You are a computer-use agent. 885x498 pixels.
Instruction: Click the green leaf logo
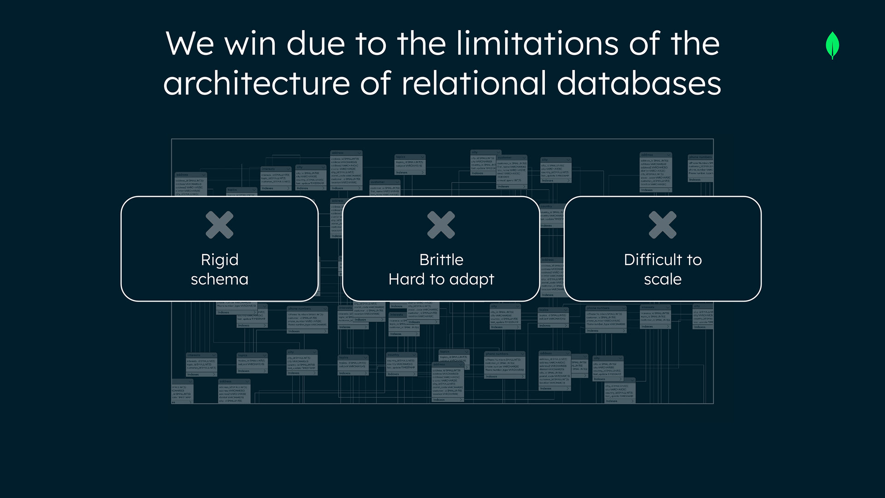[x=832, y=45]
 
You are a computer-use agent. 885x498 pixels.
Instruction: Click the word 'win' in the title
[x=250, y=44]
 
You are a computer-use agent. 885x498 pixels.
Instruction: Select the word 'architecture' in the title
[x=256, y=83]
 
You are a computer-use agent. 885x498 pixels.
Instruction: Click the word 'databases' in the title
[x=639, y=83]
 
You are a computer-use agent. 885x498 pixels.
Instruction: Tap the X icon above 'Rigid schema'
[x=219, y=225]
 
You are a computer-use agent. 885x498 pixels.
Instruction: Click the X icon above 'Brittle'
[x=441, y=225]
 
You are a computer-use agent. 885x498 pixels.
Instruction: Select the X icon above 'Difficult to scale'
[x=662, y=225]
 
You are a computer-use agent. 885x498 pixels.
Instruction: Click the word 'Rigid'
[x=219, y=260]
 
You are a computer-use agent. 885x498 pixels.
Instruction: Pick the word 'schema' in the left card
[x=219, y=279]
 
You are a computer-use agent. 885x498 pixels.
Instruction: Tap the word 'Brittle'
[x=441, y=260]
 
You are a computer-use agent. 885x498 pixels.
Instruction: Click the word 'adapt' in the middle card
[x=472, y=280]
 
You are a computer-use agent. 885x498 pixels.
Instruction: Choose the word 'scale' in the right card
[x=662, y=279]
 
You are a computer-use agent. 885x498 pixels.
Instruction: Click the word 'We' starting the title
[x=189, y=44]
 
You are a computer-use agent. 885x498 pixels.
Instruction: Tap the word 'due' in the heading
[x=316, y=44]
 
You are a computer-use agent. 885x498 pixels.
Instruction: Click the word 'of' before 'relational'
[x=376, y=83]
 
